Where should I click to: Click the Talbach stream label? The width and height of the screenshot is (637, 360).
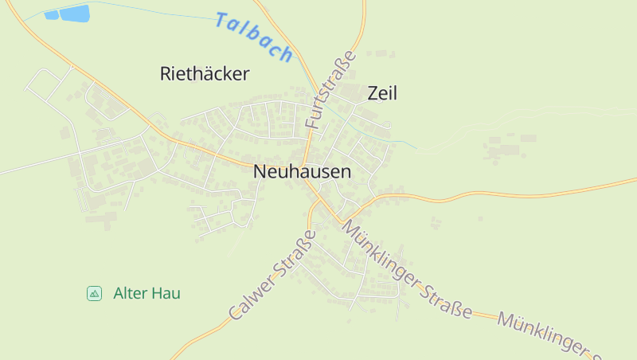(x=254, y=37)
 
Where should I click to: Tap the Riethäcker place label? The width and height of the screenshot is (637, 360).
(x=205, y=74)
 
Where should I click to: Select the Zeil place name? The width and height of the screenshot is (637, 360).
(x=382, y=93)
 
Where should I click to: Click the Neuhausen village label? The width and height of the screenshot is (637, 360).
(x=302, y=171)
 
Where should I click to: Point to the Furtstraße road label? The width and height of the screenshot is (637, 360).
(x=330, y=91)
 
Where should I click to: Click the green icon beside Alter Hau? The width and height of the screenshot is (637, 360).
(x=94, y=293)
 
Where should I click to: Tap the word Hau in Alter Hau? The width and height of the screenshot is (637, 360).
(x=168, y=293)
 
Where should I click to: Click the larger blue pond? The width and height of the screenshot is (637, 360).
(x=75, y=13)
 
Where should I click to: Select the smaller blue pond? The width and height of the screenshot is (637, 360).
(x=52, y=14)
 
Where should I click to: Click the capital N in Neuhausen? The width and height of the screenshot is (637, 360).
(x=260, y=171)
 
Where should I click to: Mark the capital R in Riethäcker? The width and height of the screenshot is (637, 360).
(x=166, y=74)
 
